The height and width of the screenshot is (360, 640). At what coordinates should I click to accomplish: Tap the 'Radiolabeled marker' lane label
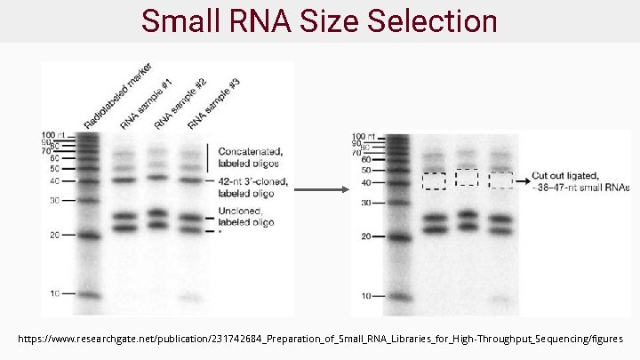coord(117,94)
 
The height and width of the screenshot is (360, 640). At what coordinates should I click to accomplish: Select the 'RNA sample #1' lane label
coord(146,105)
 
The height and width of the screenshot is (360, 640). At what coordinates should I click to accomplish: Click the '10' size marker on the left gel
coord(54,293)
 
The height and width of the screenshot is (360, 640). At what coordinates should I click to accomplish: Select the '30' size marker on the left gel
coord(54,200)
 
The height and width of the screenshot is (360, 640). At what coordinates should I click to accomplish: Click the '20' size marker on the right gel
coord(365,236)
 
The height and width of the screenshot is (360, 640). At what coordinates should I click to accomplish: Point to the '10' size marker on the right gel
coord(365,295)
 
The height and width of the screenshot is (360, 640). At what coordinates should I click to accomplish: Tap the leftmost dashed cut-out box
coord(434,180)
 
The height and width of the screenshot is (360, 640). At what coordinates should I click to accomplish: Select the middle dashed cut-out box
coord(467,178)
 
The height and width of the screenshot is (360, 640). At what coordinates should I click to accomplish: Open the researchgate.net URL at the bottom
coord(326,339)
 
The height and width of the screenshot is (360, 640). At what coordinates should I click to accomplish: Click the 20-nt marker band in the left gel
coord(87,236)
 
